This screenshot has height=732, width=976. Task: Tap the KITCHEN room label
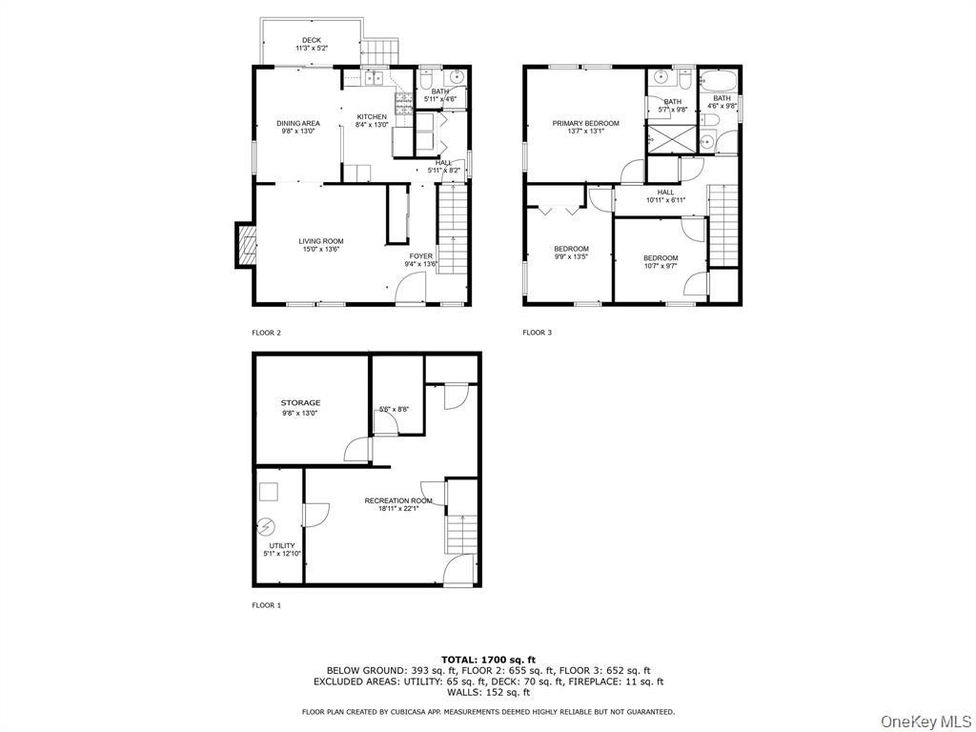[x=372, y=116]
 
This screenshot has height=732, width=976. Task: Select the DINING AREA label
[x=298, y=123]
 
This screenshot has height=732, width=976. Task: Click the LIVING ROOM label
[x=320, y=241]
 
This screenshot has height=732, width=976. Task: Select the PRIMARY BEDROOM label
[x=585, y=123]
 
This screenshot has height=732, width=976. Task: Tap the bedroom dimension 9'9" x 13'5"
[x=572, y=256]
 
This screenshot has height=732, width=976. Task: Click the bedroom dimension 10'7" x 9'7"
[x=660, y=266]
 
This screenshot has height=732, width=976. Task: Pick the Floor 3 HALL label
[x=665, y=192]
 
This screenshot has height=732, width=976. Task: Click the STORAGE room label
[x=300, y=403]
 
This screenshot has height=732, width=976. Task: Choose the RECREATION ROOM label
[x=397, y=500]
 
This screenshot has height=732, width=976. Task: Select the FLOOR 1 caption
[x=266, y=605]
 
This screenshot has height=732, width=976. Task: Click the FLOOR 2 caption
[x=266, y=333]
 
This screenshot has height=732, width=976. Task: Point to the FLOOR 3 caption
[x=537, y=333]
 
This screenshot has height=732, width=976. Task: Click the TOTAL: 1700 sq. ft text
[x=488, y=660]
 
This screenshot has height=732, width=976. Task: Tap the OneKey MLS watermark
[x=924, y=720]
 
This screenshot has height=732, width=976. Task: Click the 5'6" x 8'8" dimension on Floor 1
[x=394, y=410]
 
